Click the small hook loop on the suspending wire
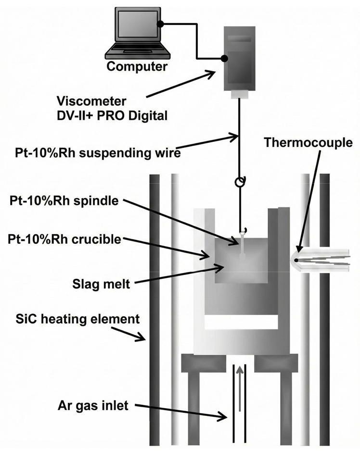coord(239,183)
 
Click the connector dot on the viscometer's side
coord(224,59)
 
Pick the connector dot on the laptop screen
coord(162,24)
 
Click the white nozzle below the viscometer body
coord(239,95)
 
